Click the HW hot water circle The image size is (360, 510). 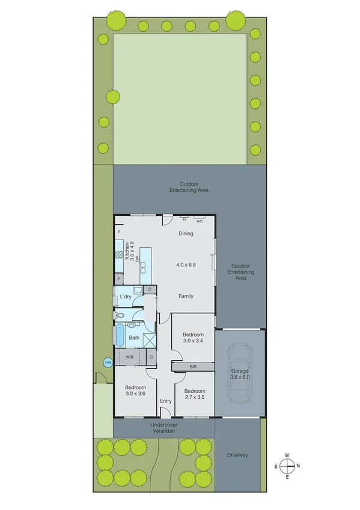tap(108, 363)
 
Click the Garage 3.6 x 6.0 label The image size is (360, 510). tap(239, 374)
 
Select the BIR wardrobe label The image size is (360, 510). tap(192, 366)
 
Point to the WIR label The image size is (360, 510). tap(129, 357)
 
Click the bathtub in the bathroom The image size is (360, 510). tap(119, 336)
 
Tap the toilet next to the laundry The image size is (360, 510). tap(120, 315)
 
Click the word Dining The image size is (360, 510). tap(186, 233)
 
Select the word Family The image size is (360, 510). tap(186, 296)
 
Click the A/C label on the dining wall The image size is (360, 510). tap(200, 221)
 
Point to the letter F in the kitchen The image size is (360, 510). tap(120, 232)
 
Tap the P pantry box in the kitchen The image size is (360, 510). tap(120, 279)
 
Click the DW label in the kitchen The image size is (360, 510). tap(138, 258)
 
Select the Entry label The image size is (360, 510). tap(165, 401)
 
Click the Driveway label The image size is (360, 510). tap(238, 455)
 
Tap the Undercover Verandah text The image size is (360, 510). tap(164, 428)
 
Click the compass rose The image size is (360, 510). tap(288, 465)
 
